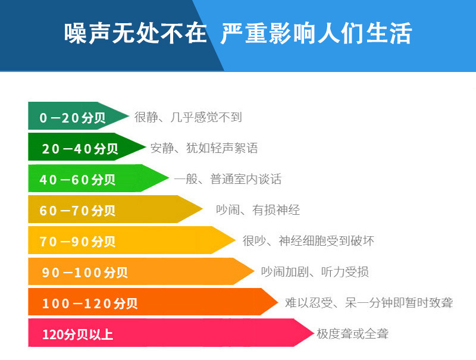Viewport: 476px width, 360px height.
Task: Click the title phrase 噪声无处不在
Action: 135,34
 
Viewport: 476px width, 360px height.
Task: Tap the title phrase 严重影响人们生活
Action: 316,34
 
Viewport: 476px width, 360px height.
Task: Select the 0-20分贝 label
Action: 73,118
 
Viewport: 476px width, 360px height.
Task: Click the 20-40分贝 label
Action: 80,149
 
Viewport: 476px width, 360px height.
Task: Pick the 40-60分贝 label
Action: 77,180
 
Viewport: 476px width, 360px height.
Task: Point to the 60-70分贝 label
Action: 77,211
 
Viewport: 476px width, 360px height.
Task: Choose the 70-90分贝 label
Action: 77,242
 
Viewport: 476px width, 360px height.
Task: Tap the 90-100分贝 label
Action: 84,273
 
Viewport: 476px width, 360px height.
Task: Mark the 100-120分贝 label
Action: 90,303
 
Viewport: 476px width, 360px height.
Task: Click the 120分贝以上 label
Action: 77,334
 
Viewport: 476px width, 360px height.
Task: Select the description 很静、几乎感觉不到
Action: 188,117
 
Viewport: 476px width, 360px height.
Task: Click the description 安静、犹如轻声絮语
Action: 204,148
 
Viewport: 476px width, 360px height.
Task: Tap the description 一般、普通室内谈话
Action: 228,179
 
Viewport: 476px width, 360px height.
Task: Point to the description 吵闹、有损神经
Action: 258,210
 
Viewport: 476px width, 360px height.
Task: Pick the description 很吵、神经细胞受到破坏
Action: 308,241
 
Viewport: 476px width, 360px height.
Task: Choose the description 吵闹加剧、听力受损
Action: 315,272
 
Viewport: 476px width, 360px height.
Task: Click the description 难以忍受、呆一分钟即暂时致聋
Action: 369,303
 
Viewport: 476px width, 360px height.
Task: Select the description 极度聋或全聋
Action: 352,334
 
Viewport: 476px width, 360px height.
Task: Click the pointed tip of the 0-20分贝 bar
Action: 127,116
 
